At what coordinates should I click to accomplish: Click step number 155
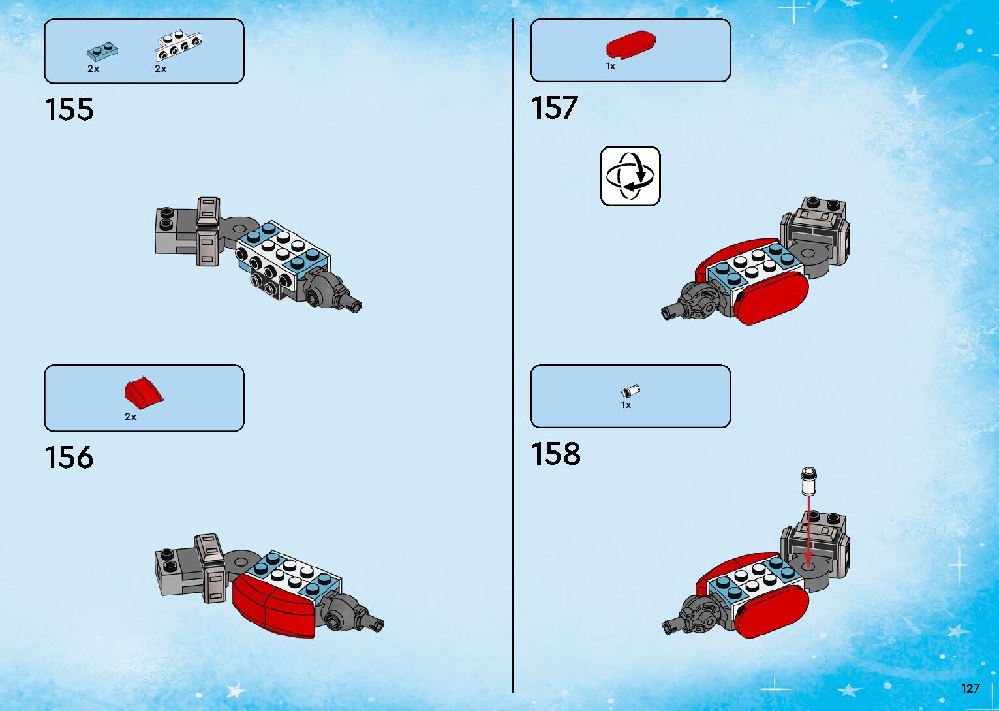69,109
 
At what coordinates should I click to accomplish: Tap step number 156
69,457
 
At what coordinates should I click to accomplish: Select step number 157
554,108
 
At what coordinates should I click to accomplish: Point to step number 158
555,454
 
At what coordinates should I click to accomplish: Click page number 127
970,688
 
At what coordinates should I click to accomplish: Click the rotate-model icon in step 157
630,176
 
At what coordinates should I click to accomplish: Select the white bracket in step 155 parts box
177,47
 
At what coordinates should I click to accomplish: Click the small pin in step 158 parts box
630,391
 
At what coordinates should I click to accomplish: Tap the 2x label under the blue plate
93,69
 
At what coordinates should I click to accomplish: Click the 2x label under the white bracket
161,69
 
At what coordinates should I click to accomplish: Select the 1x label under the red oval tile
611,66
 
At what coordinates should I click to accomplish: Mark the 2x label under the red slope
131,417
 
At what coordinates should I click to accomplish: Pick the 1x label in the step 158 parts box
626,405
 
